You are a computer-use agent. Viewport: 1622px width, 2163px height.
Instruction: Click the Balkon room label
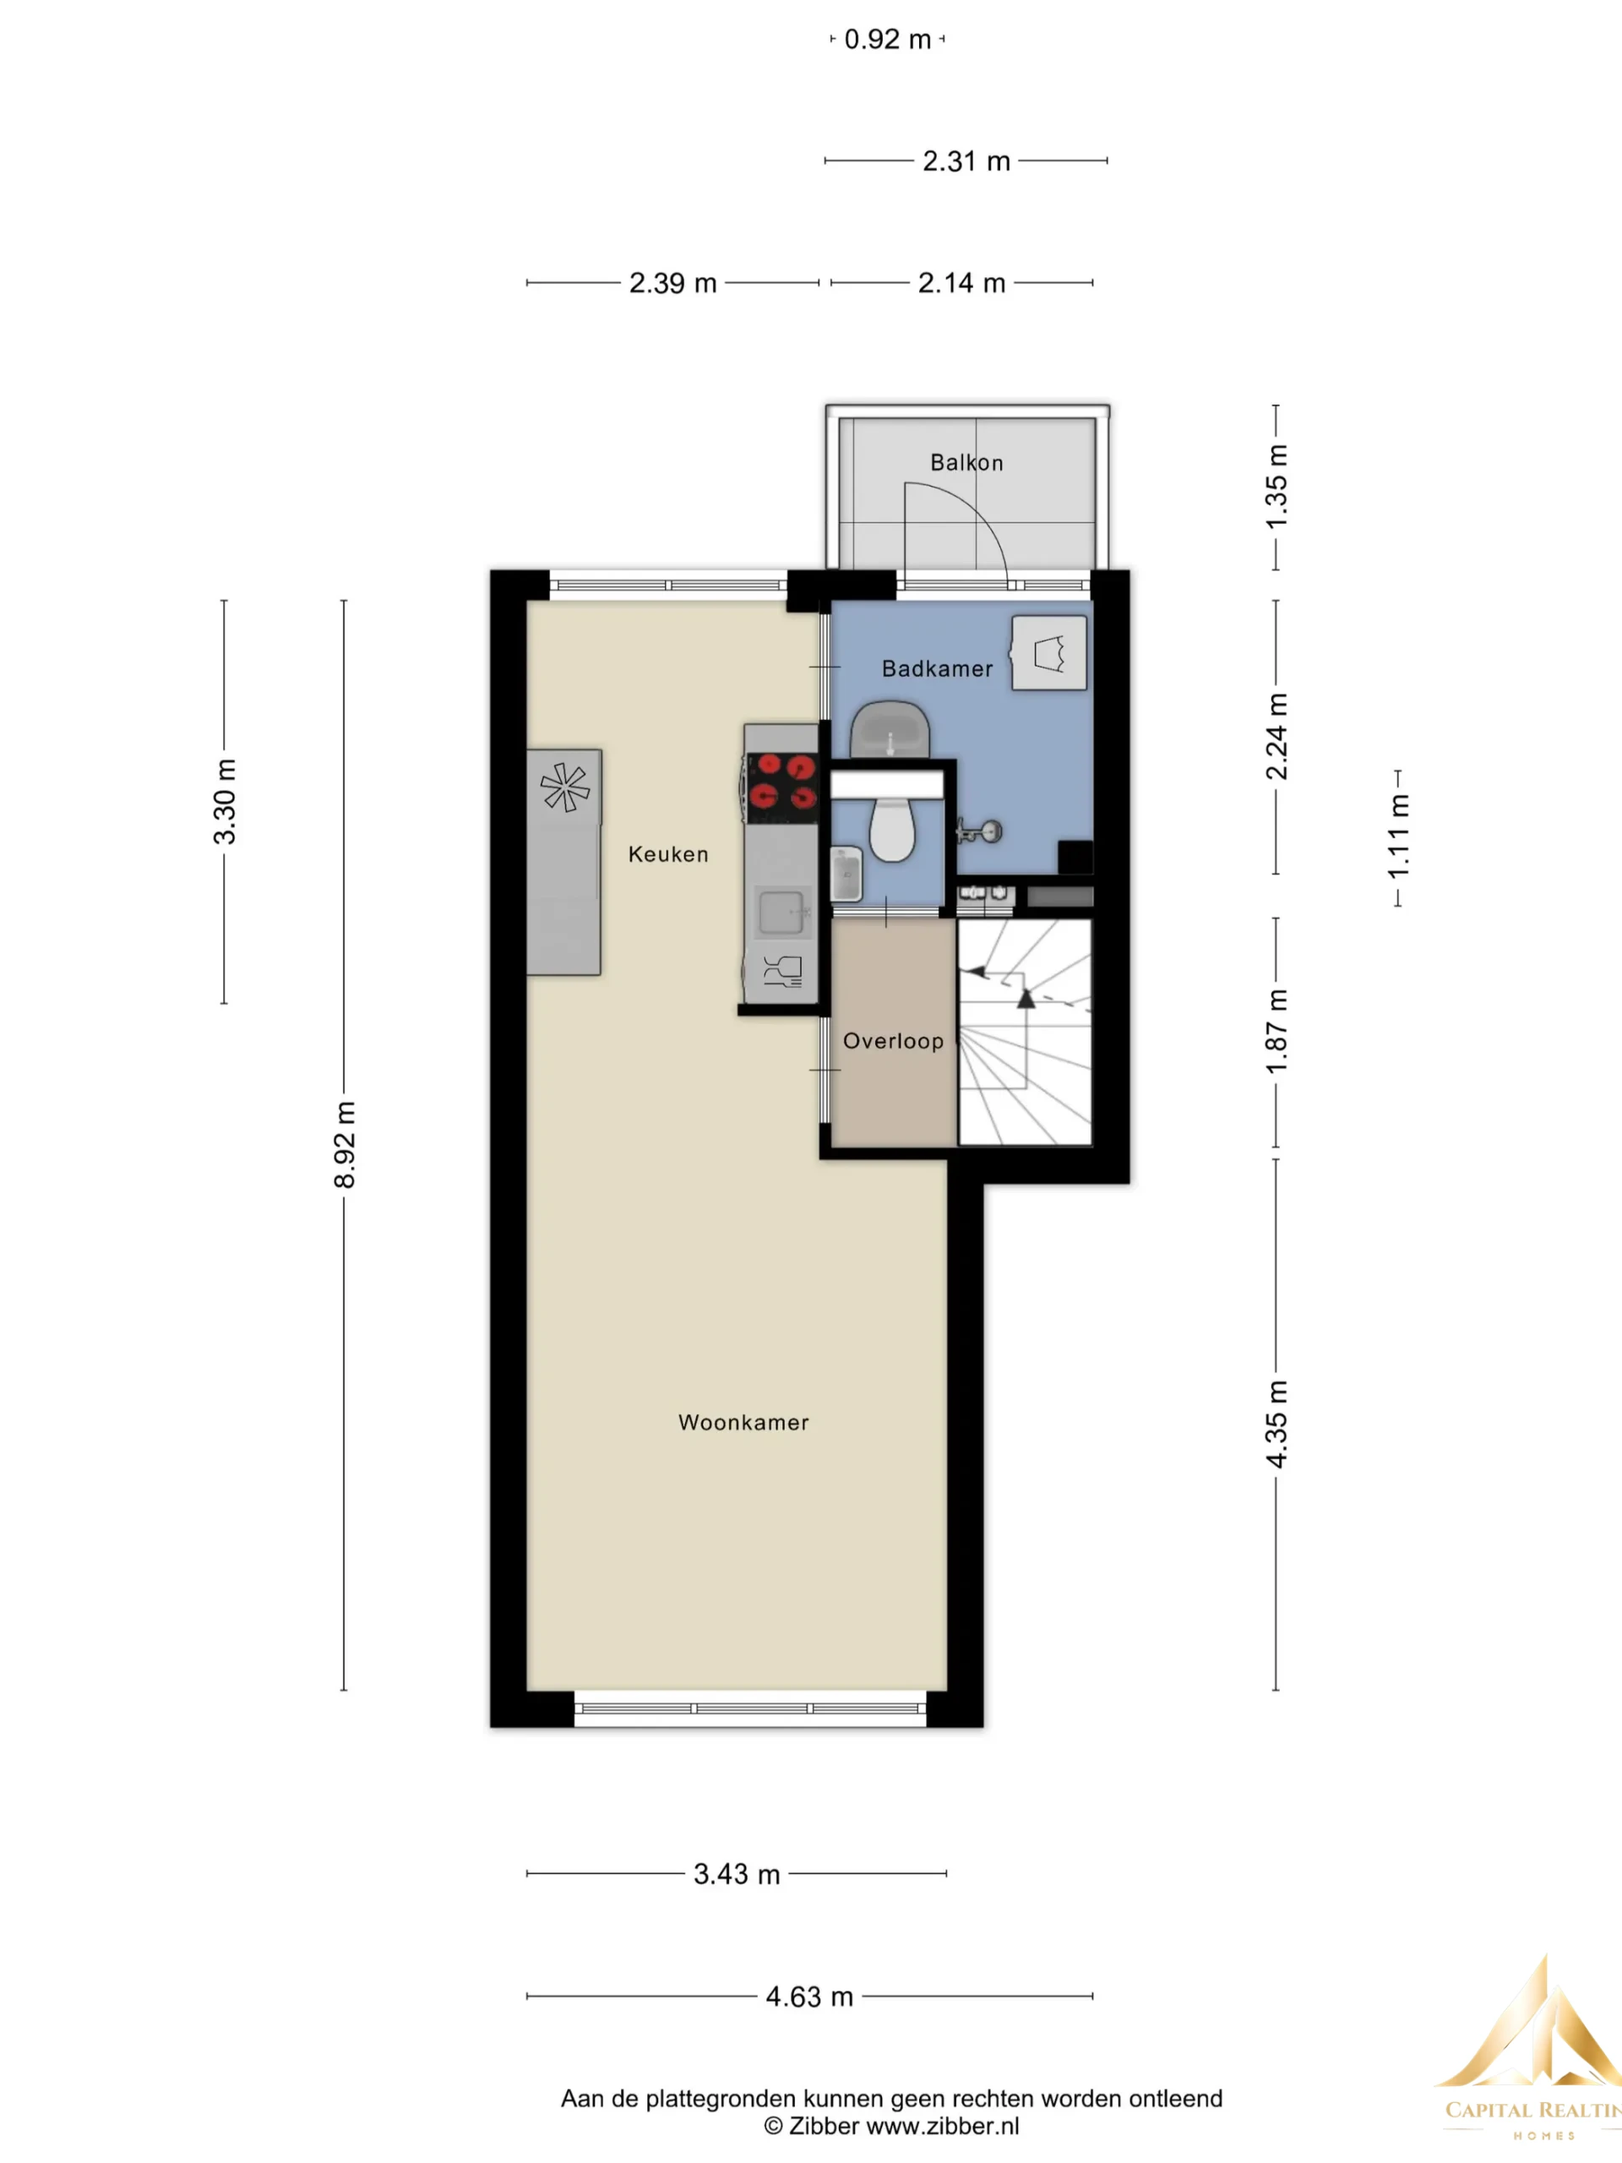click(x=966, y=462)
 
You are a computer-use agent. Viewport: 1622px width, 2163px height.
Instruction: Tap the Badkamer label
click(x=937, y=669)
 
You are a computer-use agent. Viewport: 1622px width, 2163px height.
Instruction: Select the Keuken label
click(x=667, y=855)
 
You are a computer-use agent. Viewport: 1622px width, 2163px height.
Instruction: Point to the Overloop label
click(x=893, y=1042)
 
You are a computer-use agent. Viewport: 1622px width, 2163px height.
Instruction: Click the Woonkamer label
click(x=743, y=1423)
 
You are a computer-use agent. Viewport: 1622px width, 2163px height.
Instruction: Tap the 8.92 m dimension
click(x=344, y=1145)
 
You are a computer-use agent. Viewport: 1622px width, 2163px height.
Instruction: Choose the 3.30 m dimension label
click(x=225, y=801)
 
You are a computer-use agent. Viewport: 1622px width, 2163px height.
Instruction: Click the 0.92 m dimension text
click(x=887, y=39)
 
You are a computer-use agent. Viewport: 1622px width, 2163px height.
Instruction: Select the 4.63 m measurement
click(x=808, y=1997)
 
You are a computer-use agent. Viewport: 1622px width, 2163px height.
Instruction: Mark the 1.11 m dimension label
click(x=1399, y=837)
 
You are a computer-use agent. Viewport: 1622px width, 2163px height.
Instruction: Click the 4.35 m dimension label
click(x=1276, y=1424)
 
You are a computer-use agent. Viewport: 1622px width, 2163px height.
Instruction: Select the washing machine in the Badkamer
click(x=1049, y=653)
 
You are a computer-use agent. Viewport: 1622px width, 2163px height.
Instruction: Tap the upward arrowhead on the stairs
click(x=1026, y=999)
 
